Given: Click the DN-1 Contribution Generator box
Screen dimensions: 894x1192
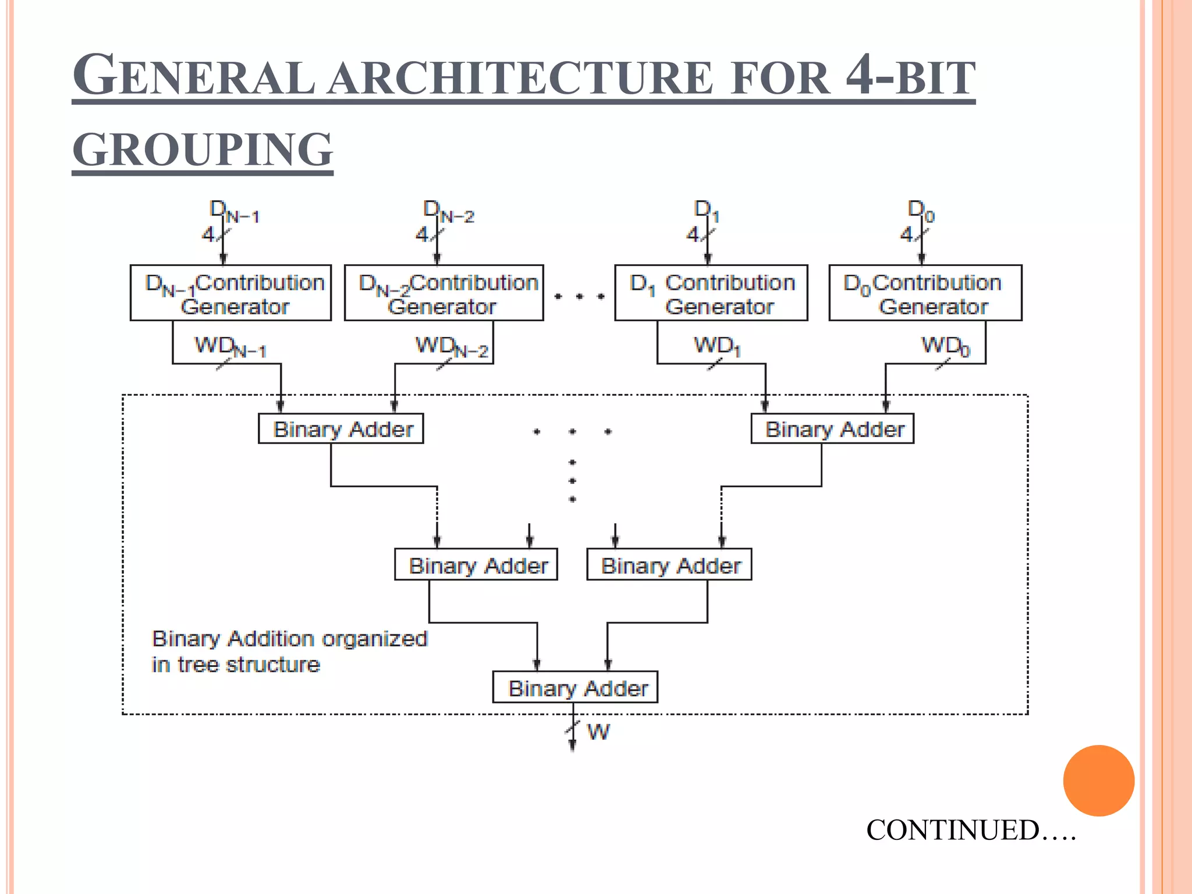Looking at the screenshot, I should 230,293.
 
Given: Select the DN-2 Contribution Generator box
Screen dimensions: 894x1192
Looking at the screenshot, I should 444,293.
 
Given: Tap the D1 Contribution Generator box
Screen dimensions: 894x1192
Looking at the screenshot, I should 711,293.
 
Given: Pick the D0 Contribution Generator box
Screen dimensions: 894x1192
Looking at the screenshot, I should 925,293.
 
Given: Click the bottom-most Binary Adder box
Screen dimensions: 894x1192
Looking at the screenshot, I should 575,687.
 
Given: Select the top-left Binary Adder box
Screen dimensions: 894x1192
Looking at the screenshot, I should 340,429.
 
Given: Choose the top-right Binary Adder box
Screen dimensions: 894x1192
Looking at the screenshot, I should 832,429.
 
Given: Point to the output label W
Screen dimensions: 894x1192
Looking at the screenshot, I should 598,732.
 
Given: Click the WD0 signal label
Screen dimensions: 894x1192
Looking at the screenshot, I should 945,346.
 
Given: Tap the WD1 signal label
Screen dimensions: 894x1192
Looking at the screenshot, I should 717,346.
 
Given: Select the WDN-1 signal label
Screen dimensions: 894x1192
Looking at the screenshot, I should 230,346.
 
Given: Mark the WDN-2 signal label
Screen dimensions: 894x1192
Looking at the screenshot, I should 451,346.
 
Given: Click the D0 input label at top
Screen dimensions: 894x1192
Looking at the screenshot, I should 921,211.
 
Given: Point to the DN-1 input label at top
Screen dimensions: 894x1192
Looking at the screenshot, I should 234,211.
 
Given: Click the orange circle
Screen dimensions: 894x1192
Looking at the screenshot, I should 1098,781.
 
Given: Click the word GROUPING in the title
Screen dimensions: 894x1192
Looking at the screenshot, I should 203,150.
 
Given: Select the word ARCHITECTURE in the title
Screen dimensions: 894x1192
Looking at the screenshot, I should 519,77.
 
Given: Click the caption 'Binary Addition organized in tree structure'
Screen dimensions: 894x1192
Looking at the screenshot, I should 289,651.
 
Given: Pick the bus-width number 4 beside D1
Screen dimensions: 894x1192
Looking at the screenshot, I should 693,234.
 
